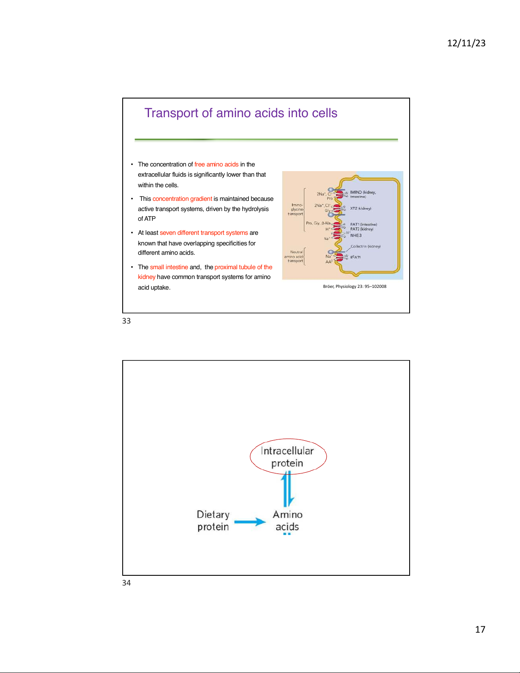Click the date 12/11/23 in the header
(466, 43)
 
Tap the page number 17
(480, 629)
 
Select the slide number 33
(126, 321)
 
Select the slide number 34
(126, 583)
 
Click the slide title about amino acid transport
(241, 113)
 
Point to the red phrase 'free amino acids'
(216, 164)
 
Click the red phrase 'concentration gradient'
(182, 199)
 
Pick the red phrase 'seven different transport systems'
(204, 233)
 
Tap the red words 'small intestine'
(169, 267)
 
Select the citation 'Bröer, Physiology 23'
(354, 287)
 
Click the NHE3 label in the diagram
(356, 236)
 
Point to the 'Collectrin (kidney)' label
(365, 246)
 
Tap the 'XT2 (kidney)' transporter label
(360, 208)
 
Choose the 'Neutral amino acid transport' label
(295, 256)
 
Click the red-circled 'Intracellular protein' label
(287, 457)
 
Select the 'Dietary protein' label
(213, 521)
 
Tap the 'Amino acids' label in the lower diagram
(287, 521)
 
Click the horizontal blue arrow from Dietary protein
(250, 522)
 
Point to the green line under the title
(266, 139)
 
